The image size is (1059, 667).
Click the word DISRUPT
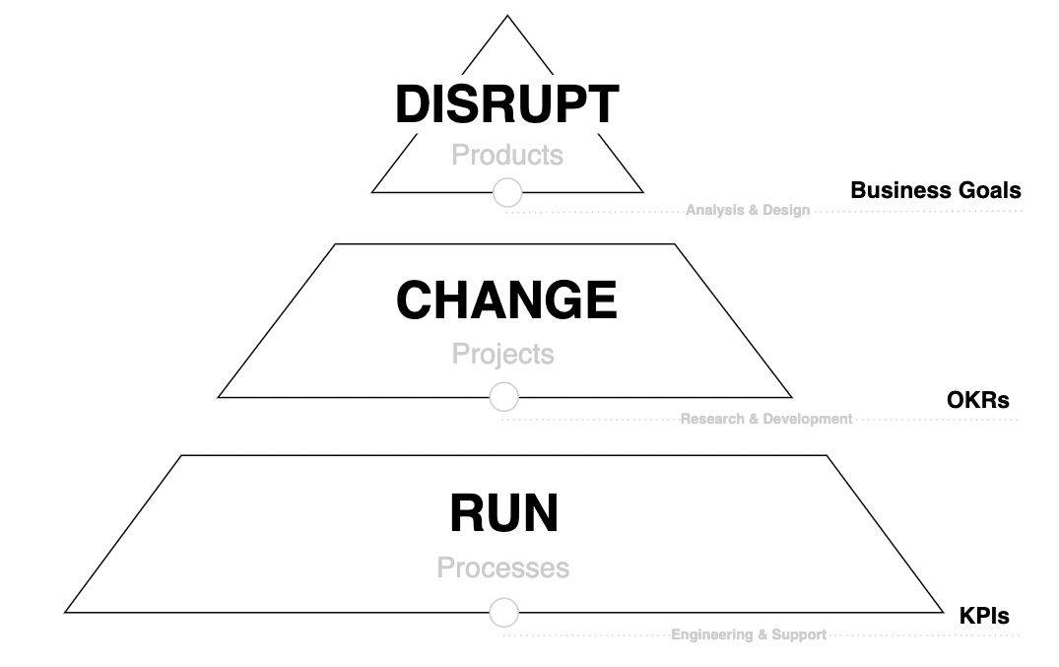[506, 104]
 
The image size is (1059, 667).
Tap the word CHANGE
[506, 300]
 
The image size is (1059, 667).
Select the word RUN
[503, 513]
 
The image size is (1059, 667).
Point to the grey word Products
[507, 155]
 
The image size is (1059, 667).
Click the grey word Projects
[502, 354]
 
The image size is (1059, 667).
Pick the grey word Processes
[503, 568]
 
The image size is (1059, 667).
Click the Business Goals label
[935, 190]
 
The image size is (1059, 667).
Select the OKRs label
[977, 400]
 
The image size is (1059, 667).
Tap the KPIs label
[983, 617]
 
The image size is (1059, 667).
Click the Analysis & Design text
[748, 210]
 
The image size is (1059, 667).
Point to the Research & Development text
[766, 419]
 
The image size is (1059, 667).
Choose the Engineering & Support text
[749, 635]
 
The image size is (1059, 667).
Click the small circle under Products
[506, 193]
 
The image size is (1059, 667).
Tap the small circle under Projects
[503, 397]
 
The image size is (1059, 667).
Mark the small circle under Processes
[503, 613]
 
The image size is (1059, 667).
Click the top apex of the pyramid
[507, 16]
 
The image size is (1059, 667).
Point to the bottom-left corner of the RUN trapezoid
[66, 612]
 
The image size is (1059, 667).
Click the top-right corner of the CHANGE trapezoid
[677, 244]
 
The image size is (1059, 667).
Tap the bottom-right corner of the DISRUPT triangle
[642, 192]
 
